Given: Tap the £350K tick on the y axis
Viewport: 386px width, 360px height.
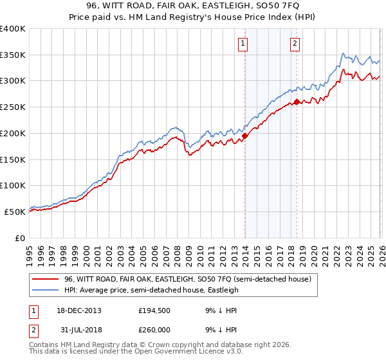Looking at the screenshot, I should click(13, 55).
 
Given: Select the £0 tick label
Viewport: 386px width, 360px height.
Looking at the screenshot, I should click(21, 238).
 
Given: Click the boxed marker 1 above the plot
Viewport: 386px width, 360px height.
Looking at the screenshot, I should click(243, 44).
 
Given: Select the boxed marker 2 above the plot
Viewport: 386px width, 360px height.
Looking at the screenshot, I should click(295, 44).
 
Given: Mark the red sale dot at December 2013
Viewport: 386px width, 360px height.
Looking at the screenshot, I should click(244, 136).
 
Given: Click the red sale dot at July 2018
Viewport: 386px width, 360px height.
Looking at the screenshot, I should click(297, 102).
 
